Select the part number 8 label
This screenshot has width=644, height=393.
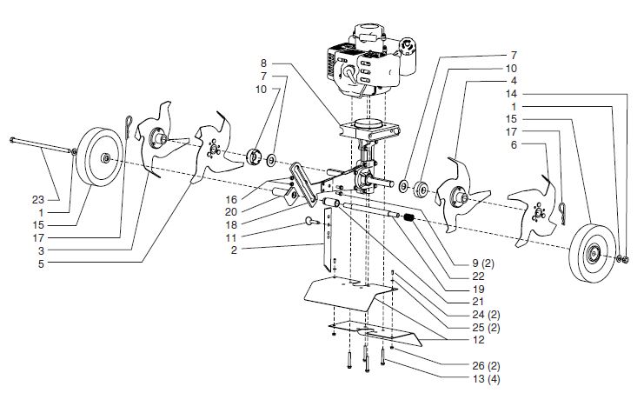[x=263, y=63]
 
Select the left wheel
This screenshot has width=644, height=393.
[x=103, y=157]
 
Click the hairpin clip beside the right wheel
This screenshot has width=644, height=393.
[x=564, y=209]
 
